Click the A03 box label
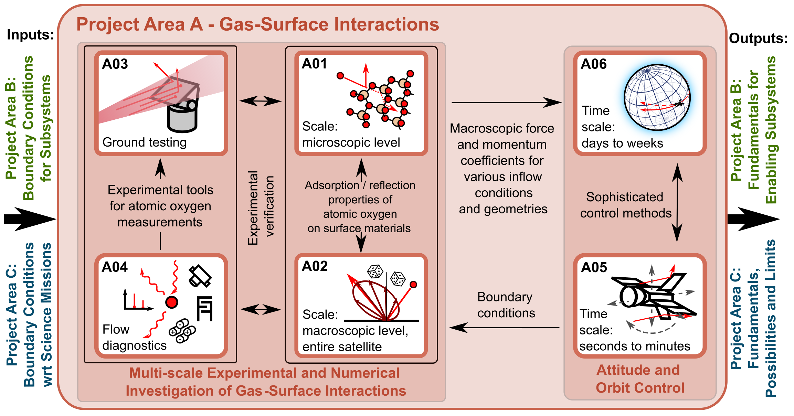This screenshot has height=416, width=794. (115, 64)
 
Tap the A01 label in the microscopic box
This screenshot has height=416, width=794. (314, 64)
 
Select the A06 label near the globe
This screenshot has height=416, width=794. (594, 64)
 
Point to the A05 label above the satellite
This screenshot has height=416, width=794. (594, 267)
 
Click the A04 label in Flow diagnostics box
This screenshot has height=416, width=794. (115, 267)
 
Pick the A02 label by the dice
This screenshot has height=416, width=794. (315, 266)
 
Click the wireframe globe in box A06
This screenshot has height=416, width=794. (657, 98)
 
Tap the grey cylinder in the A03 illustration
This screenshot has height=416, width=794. (182, 116)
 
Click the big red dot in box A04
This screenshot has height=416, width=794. (171, 302)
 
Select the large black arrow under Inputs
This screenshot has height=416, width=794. (30, 219)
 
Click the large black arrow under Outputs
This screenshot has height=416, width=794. (754, 219)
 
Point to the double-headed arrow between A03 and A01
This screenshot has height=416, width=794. (261, 101)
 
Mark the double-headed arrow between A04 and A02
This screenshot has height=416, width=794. (261, 310)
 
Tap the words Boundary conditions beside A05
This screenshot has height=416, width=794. (506, 305)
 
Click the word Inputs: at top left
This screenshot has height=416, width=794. (30, 35)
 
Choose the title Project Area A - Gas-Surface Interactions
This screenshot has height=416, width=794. (258, 24)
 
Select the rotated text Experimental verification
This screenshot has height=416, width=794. (261, 208)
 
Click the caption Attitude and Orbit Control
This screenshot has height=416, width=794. (640, 379)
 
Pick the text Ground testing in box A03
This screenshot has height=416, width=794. (145, 142)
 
